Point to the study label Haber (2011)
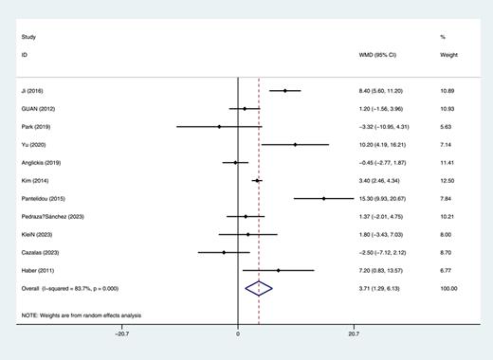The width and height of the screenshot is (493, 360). click(x=36, y=271)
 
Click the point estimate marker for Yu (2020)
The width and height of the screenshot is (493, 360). click(x=295, y=145)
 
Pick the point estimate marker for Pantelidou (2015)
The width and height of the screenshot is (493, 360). click(x=323, y=199)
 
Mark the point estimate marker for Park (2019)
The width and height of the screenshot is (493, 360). click(x=219, y=127)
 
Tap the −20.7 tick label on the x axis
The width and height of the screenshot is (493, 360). click(x=122, y=333)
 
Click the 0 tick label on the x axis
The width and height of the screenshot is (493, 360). click(x=237, y=333)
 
